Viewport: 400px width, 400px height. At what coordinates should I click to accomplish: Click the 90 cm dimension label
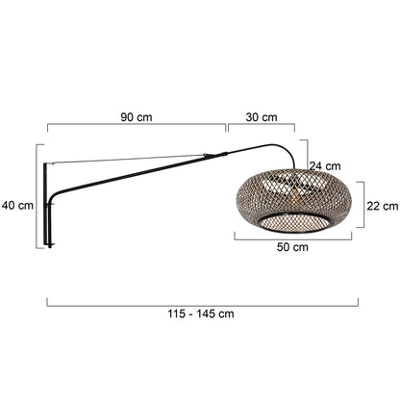tap(137, 117)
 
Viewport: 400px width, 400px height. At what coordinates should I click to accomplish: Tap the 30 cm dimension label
tap(262, 117)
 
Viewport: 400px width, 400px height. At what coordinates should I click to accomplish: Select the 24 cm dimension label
tap(325, 166)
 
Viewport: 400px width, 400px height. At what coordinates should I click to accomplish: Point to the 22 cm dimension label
tap(383, 206)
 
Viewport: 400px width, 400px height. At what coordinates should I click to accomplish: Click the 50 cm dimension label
tap(292, 247)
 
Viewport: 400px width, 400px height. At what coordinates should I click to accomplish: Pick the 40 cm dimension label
tap(17, 206)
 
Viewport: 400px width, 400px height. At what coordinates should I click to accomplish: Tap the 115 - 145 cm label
tap(201, 313)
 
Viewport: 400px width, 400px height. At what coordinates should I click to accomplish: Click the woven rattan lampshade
tap(293, 200)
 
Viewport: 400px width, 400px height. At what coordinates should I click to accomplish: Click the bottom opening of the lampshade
tap(294, 223)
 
